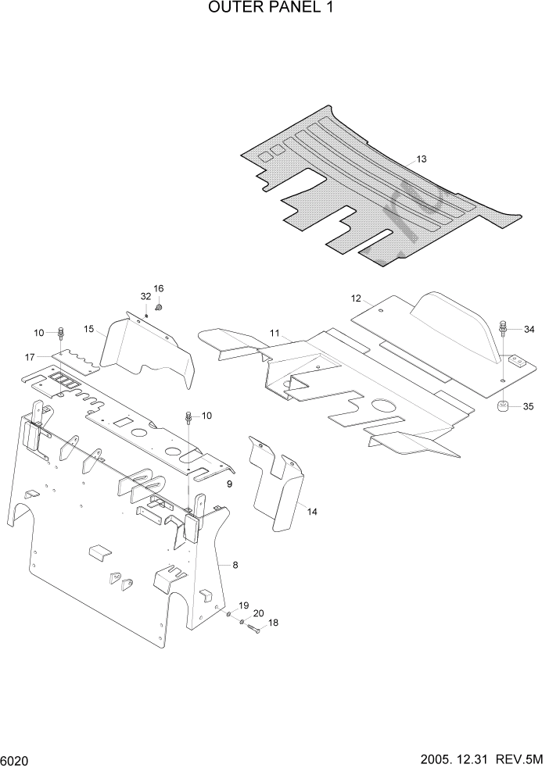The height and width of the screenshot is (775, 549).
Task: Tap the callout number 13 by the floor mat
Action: click(x=422, y=159)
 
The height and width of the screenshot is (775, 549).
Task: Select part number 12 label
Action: click(x=356, y=298)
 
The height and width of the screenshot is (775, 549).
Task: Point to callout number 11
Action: click(x=274, y=334)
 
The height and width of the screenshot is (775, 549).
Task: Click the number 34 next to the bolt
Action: click(x=529, y=329)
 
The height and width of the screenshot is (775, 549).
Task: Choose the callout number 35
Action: click(x=528, y=406)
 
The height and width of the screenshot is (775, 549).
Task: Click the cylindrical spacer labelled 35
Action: click(x=502, y=406)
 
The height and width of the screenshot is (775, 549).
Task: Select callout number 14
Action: click(x=312, y=512)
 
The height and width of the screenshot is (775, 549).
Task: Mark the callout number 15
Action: click(x=90, y=330)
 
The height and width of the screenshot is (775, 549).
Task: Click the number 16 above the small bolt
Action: click(x=158, y=288)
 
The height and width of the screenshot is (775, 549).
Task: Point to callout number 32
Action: click(x=145, y=297)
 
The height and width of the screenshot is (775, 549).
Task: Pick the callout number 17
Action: click(x=30, y=357)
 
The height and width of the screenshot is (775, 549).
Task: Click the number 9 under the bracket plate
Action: click(x=229, y=484)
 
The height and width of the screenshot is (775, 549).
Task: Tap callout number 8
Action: click(x=235, y=563)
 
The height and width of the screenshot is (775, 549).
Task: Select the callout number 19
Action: click(x=243, y=605)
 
